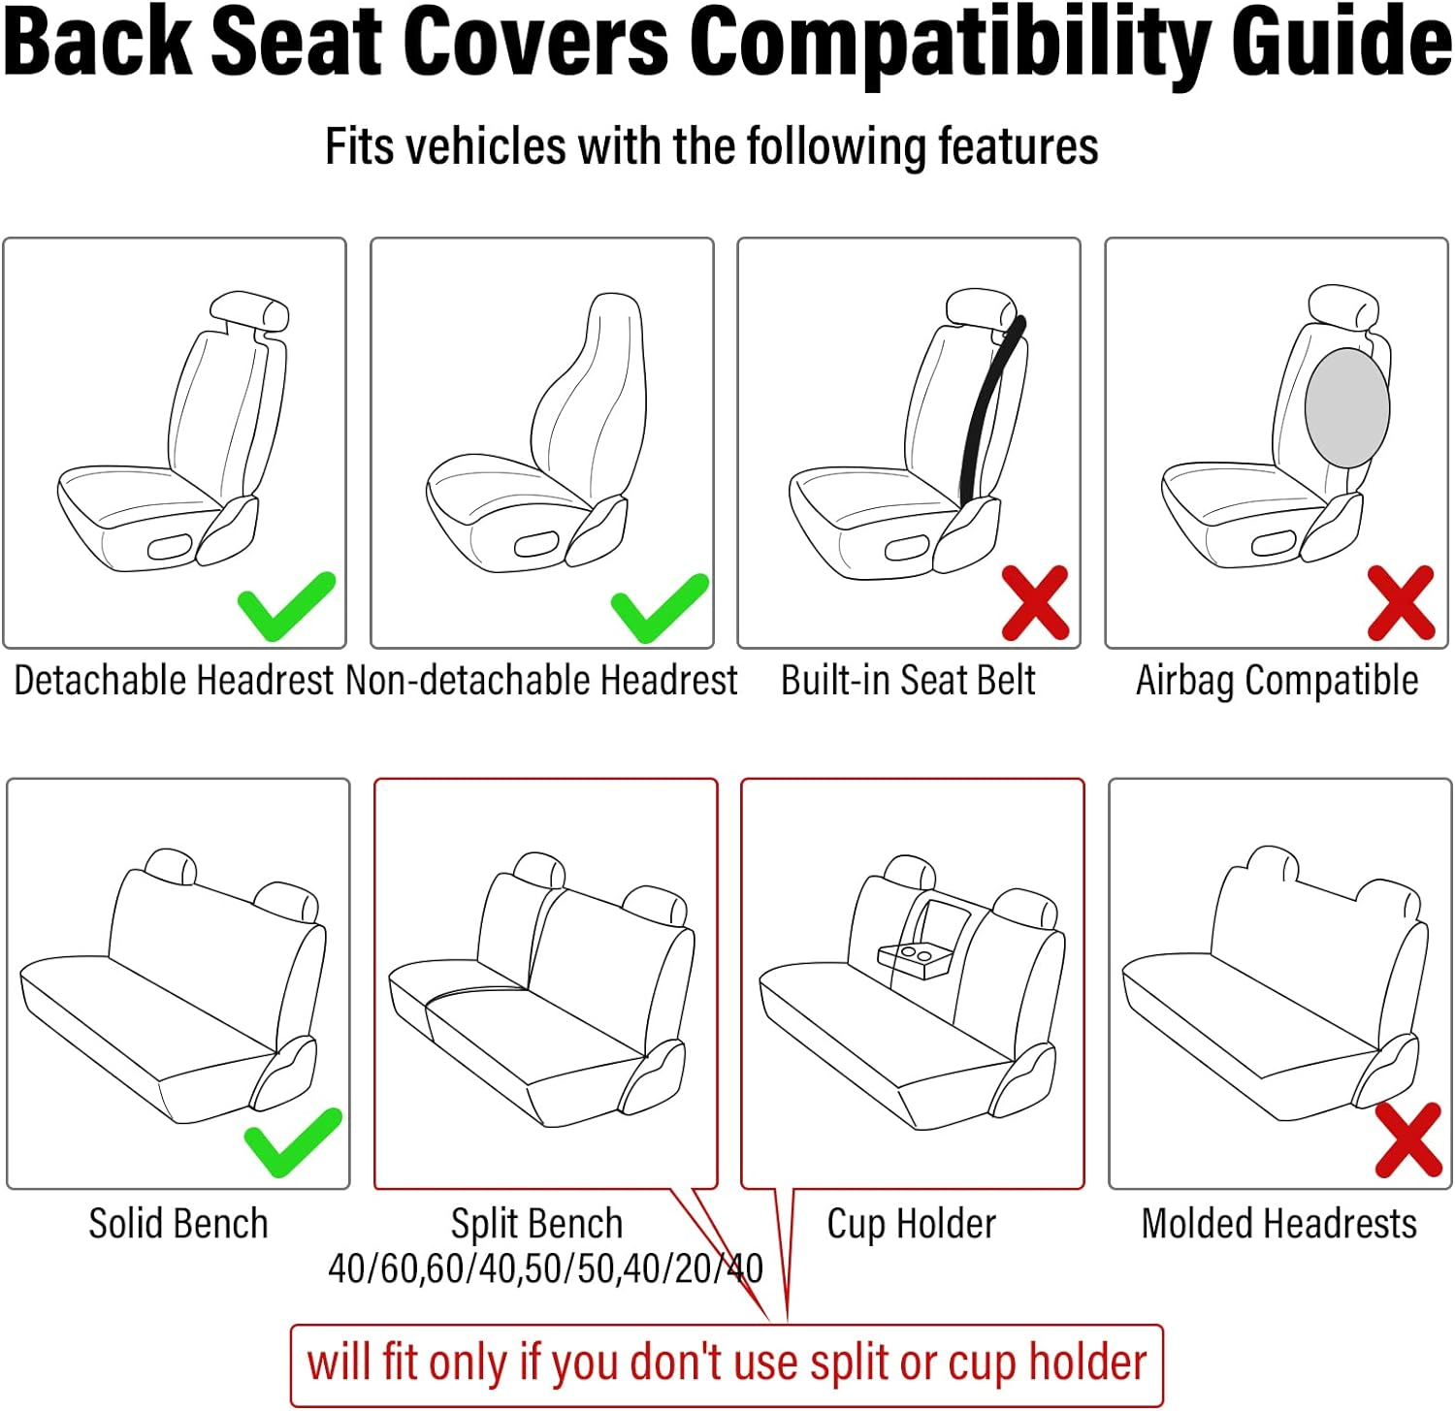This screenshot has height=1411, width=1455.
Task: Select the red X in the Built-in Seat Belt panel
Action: (1035, 603)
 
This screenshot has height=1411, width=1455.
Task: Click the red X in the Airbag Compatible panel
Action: (1401, 603)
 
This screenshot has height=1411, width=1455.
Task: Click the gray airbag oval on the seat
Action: (1346, 408)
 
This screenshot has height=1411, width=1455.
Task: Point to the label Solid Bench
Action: (178, 1224)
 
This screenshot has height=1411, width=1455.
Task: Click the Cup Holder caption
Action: (911, 1224)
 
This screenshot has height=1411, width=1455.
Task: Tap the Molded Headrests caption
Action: (1278, 1224)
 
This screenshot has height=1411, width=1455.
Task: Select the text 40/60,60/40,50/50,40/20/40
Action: (545, 1268)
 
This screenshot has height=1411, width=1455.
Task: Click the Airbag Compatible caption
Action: (1277, 681)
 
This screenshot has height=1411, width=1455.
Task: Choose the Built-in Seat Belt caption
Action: (908, 681)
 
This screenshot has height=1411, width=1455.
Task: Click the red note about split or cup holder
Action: (727, 1363)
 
